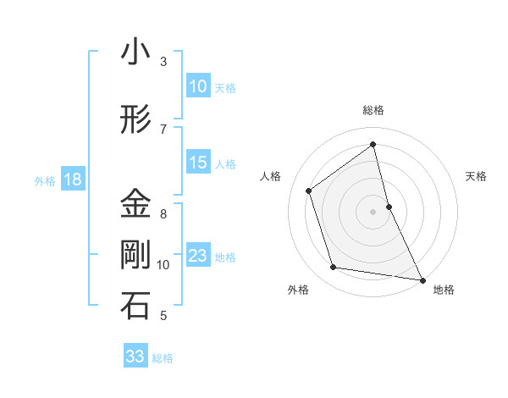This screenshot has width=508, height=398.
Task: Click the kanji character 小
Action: click(x=135, y=53)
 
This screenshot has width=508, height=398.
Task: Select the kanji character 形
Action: click(x=135, y=120)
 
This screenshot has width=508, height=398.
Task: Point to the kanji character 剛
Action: click(x=135, y=255)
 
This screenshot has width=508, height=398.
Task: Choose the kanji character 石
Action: click(x=135, y=307)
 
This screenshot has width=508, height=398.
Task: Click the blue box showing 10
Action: click(x=198, y=86)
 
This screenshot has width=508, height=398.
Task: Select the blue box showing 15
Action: click(x=198, y=163)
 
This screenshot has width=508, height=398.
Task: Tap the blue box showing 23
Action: click(x=198, y=256)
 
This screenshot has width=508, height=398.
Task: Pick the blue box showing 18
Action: click(x=72, y=180)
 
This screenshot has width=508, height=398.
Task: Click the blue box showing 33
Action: click(x=135, y=357)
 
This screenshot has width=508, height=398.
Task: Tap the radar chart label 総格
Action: click(x=373, y=110)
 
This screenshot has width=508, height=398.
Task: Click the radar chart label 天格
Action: click(x=476, y=176)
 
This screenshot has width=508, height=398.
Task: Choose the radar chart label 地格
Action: click(x=444, y=290)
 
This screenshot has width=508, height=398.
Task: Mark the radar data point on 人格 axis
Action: click(x=309, y=191)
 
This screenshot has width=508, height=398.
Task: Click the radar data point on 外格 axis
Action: click(x=334, y=268)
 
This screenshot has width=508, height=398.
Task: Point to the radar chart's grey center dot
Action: click(x=373, y=211)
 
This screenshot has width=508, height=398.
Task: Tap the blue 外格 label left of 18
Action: click(x=45, y=180)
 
